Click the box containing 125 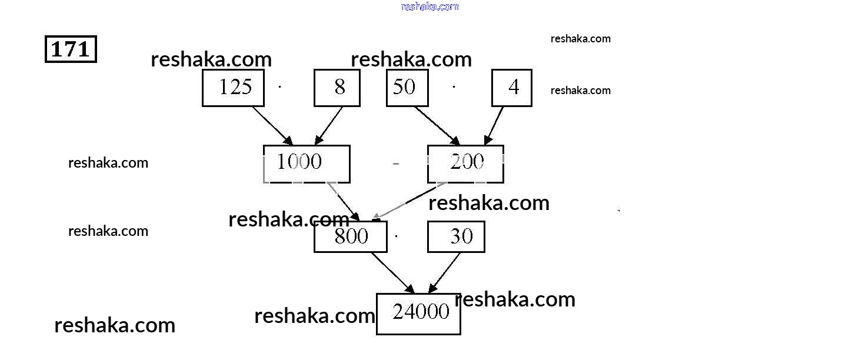pyautogui.click(x=233, y=88)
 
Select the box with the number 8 pyautogui.click(x=337, y=88)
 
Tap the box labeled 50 pyautogui.click(x=407, y=88)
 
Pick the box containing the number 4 pyautogui.click(x=512, y=88)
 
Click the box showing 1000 pyautogui.click(x=307, y=163)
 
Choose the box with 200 pyautogui.click(x=465, y=163)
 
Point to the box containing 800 pyautogui.click(x=351, y=236)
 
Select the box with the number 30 pyautogui.click(x=456, y=236)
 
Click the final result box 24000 pyautogui.click(x=418, y=313)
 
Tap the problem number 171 pyautogui.click(x=71, y=49)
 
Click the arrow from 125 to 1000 pyautogui.click(x=272, y=125)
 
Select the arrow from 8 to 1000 pyautogui.click(x=329, y=125)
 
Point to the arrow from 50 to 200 pyautogui.click(x=437, y=125)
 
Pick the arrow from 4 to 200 pyautogui.click(x=494, y=125)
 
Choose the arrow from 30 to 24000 pyautogui.click(x=445, y=273)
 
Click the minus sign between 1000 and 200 pyautogui.click(x=396, y=164)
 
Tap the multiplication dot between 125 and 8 pyautogui.click(x=279, y=87)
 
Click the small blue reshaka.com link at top pyautogui.click(x=429, y=6)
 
